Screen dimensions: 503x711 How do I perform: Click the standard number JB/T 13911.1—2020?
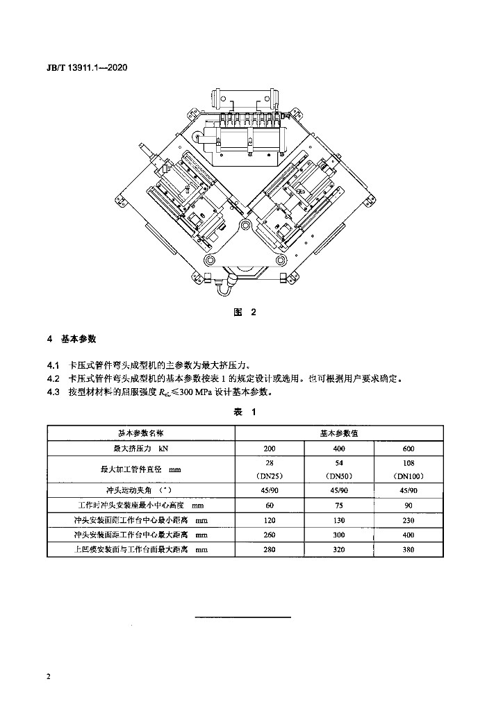pyautogui.click(x=87, y=68)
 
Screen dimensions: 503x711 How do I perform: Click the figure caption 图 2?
pyautogui.click(x=245, y=312)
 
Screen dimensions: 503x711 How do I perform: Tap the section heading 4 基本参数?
pyautogui.click(x=72, y=339)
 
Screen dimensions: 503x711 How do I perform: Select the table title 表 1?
pyautogui.click(x=245, y=412)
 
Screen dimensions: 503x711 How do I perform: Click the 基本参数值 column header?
pyautogui.click(x=339, y=433)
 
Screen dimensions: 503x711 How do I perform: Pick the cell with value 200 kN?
pyautogui.click(x=270, y=449)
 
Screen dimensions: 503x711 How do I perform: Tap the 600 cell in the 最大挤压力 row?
pyautogui.click(x=409, y=449)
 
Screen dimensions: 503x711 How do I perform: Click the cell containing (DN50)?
pyautogui.click(x=339, y=476)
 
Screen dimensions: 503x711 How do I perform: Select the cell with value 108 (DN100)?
pyautogui.click(x=409, y=469)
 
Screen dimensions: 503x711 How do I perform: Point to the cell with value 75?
pyautogui.click(x=339, y=505)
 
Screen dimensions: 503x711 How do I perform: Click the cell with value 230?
pyautogui.click(x=409, y=520)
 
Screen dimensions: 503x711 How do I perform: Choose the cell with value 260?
pyautogui.click(x=270, y=535)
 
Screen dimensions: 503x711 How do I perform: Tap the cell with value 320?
pyautogui.click(x=339, y=549)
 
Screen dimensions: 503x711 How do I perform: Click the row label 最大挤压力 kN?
pyautogui.click(x=140, y=449)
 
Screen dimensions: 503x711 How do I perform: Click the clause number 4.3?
pyautogui.click(x=53, y=392)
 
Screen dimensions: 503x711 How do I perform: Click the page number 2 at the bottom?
pyautogui.click(x=49, y=677)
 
